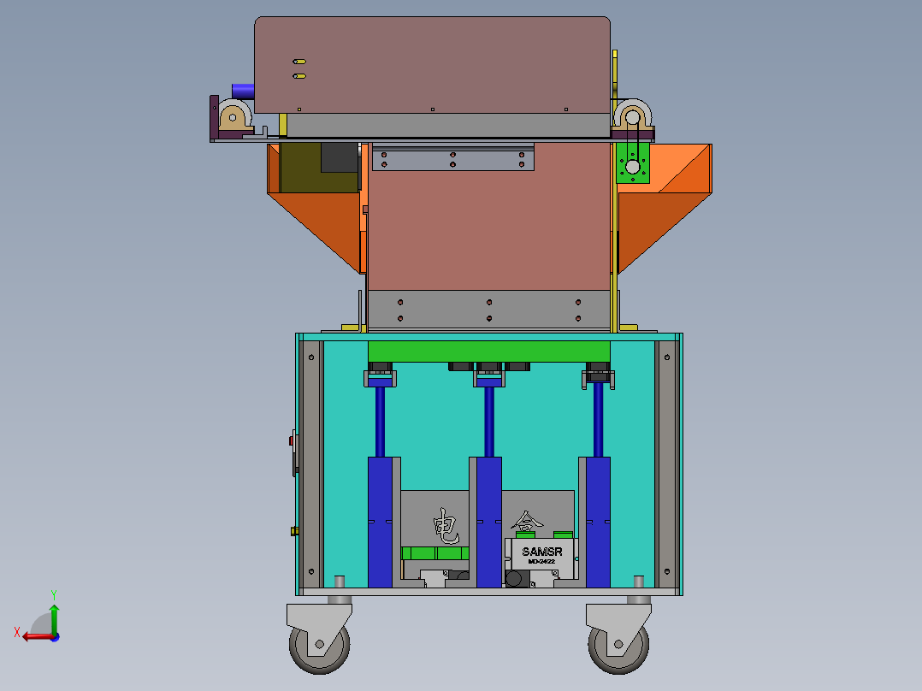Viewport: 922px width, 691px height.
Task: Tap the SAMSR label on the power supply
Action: [x=541, y=552]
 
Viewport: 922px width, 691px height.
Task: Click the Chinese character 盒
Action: [x=526, y=521]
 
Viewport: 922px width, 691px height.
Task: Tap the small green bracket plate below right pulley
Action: [x=632, y=162]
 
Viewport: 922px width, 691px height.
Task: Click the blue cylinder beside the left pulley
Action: [x=243, y=90]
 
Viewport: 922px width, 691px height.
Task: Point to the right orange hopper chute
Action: [x=663, y=205]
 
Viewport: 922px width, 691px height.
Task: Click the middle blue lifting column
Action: [x=488, y=522]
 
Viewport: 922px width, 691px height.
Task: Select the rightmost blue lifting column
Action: [x=598, y=522]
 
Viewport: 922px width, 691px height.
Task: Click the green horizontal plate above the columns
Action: [x=488, y=351]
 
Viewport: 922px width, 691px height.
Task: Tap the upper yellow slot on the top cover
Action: [x=299, y=62]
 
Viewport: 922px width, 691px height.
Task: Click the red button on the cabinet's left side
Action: [x=292, y=441]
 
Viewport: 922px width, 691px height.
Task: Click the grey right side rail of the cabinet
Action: [x=665, y=462]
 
